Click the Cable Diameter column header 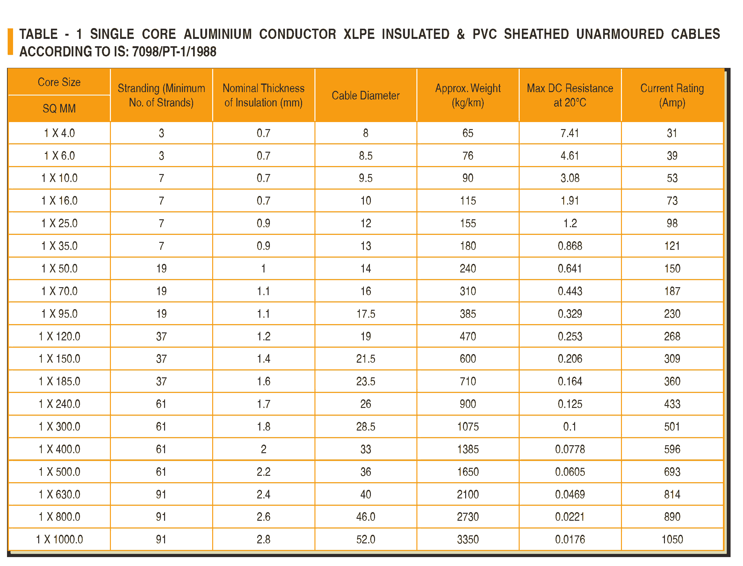(x=365, y=95)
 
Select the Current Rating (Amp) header (x=672, y=95)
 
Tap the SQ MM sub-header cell (x=59, y=108)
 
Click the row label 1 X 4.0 (x=59, y=133)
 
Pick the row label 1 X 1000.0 (x=59, y=539)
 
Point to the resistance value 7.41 (x=570, y=133)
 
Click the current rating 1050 (x=672, y=539)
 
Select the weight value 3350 (x=468, y=539)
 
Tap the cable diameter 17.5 (x=366, y=314)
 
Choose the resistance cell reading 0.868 (x=570, y=246)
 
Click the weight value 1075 (x=468, y=426)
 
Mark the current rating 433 (x=672, y=404)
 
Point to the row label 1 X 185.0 (x=59, y=381)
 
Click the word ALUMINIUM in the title (x=218, y=34)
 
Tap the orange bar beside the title (x=11, y=41)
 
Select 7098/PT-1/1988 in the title (x=174, y=52)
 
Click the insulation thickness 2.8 (x=263, y=539)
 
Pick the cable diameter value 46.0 (x=366, y=517)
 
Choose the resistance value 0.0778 (x=570, y=449)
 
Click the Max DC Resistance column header (x=570, y=95)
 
